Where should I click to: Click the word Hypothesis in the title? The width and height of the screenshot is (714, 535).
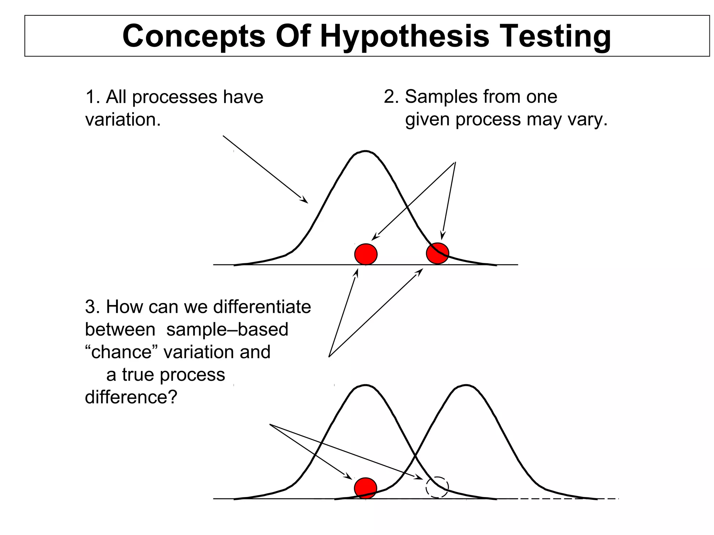pyautogui.click(x=404, y=37)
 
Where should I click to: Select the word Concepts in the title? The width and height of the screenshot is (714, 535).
pyautogui.click(x=194, y=37)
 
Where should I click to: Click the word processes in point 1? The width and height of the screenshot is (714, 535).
pyautogui.click(x=175, y=97)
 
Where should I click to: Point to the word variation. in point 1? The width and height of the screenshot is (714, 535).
pyautogui.click(x=123, y=120)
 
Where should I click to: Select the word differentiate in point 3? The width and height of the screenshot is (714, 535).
pyautogui.click(x=262, y=307)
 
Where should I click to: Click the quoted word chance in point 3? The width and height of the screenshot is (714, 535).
pyautogui.click(x=121, y=352)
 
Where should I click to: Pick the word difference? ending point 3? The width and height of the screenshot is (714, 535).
pyautogui.click(x=131, y=397)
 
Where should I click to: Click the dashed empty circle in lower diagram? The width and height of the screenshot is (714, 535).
pyautogui.click(x=437, y=487)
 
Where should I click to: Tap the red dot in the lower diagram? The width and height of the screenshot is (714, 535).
pyautogui.click(x=365, y=488)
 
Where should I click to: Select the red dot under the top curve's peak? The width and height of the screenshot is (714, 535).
pyautogui.click(x=366, y=254)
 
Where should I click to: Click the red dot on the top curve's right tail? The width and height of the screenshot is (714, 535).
pyautogui.click(x=437, y=253)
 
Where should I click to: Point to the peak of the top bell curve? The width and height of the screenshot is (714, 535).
pyautogui.click(x=365, y=152)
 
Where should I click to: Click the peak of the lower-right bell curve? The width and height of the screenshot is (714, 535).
pyautogui.click(x=466, y=386)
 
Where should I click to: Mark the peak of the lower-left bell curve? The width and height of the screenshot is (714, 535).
pyautogui.click(x=365, y=386)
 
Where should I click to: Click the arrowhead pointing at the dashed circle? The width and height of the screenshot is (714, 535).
pyautogui.click(x=419, y=477)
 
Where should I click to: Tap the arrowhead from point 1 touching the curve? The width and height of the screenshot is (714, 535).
pyautogui.click(x=304, y=200)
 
